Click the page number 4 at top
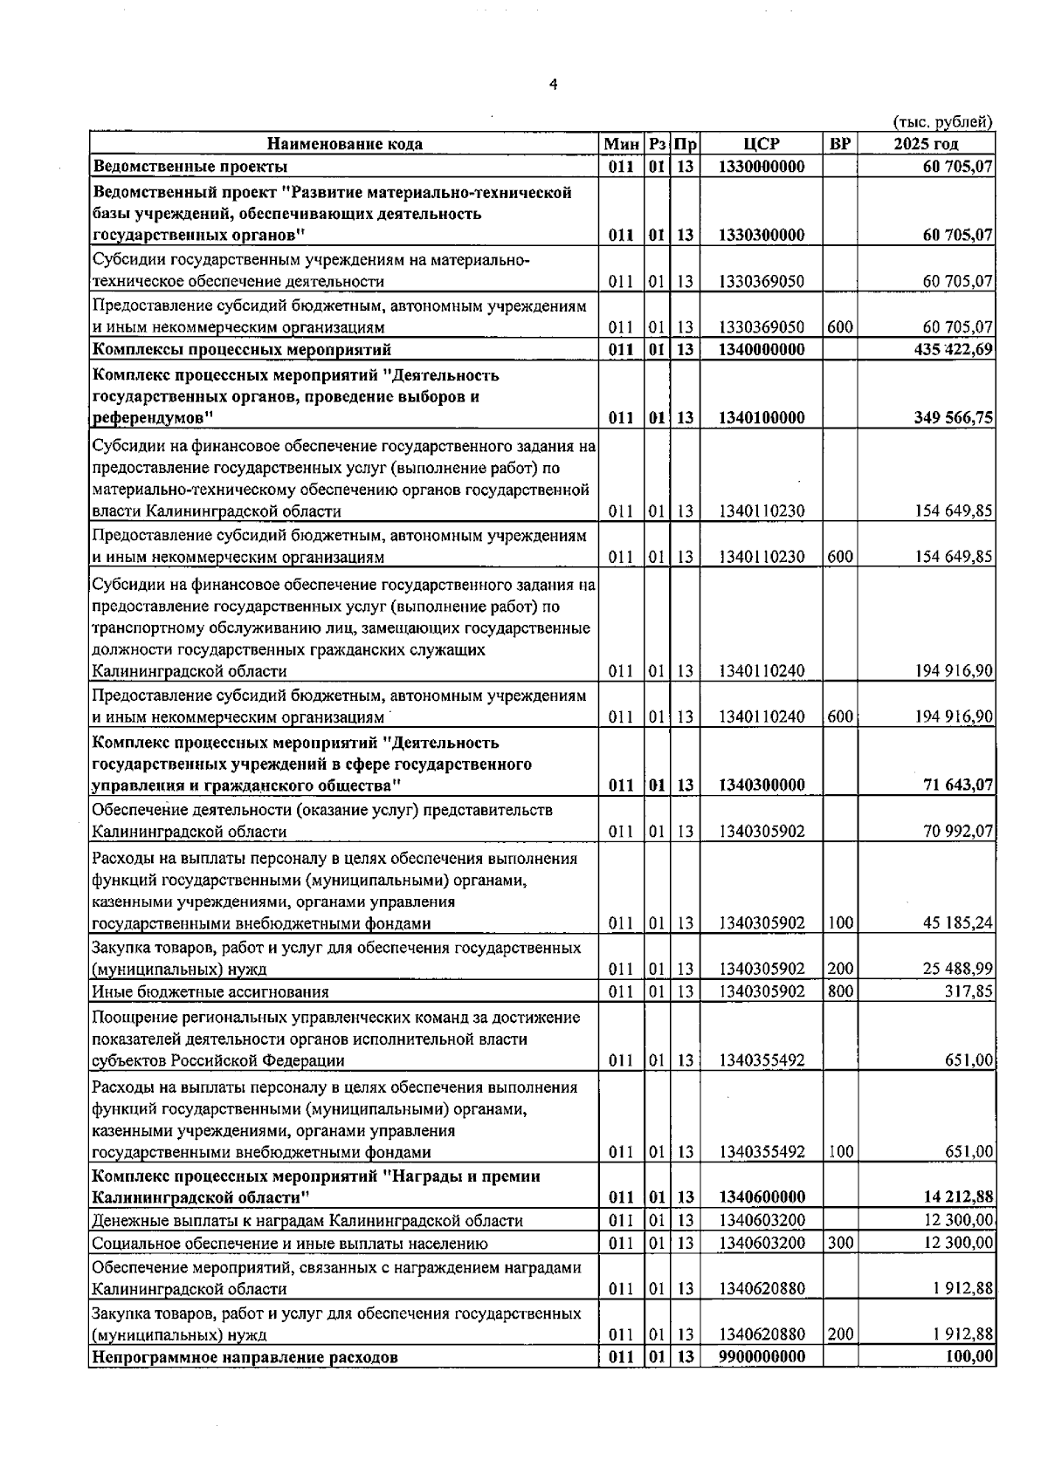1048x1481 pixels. point(552,85)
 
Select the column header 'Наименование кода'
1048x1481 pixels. point(344,144)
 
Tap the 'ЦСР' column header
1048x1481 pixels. point(762,144)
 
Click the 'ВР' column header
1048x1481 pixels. point(839,144)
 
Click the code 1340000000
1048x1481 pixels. point(762,350)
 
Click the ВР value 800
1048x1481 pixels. point(839,991)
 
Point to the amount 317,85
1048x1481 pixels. point(966,991)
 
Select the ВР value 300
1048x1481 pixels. point(839,1243)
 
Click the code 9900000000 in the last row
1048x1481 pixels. point(762,1357)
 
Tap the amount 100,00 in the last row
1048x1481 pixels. point(969,1357)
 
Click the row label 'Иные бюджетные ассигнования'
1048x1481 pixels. point(210,991)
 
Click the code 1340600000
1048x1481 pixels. point(762,1196)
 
